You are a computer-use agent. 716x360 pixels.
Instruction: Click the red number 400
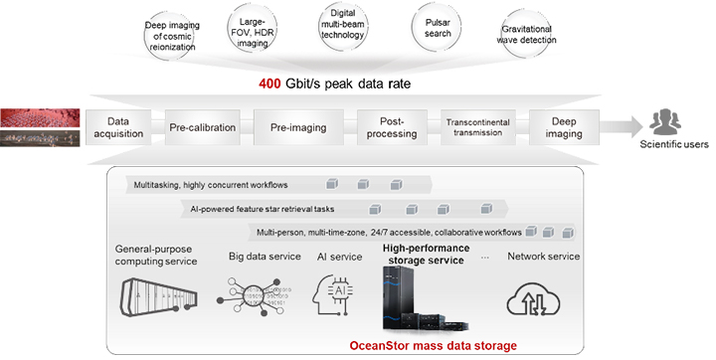click(273, 83)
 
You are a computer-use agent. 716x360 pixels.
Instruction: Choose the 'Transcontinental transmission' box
click(478, 128)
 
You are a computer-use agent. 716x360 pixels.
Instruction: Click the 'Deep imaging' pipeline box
click(569, 128)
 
